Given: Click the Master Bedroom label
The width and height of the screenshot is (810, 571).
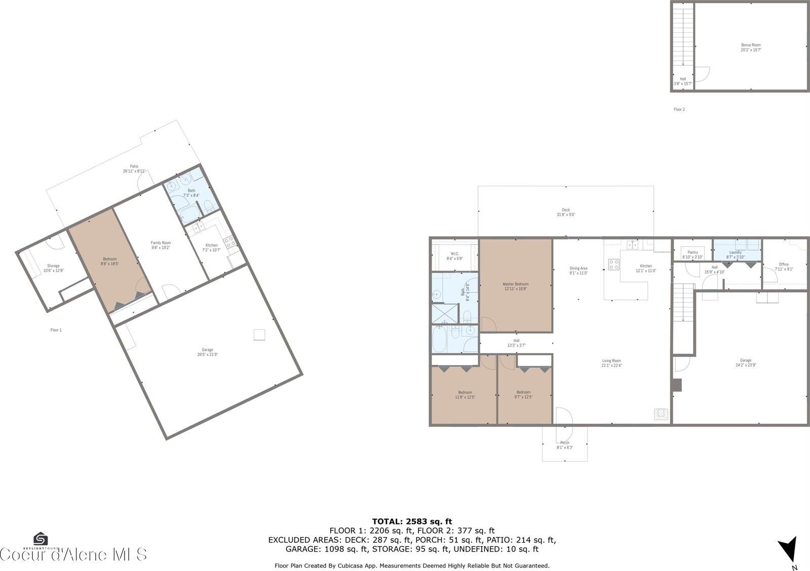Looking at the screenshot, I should [x=515, y=284].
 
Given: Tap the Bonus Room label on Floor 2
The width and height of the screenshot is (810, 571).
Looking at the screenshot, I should [x=751, y=45].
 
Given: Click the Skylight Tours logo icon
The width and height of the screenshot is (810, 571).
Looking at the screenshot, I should [x=40, y=539].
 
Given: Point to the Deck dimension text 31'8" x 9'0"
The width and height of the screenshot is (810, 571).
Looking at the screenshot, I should [x=565, y=215].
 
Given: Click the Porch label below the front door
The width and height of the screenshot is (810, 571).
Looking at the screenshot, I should [x=564, y=442].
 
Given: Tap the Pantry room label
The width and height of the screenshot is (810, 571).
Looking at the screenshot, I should [x=692, y=252].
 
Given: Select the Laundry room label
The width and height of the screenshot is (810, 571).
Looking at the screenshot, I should [x=735, y=252].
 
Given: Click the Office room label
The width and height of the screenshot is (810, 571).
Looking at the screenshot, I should [x=784, y=264].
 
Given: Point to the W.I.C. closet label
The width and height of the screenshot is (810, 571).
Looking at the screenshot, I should [x=454, y=254].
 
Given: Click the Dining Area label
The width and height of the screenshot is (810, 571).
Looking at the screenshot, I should [x=578, y=269].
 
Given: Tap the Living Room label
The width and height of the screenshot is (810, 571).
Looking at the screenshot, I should [x=611, y=361].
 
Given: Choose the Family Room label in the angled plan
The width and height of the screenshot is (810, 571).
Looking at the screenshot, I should [x=161, y=243].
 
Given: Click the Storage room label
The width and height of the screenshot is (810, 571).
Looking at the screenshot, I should [x=53, y=265].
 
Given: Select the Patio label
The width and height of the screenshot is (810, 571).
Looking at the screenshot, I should [x=134, y=166].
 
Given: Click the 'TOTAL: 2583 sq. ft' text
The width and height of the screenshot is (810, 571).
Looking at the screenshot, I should [x=412, y=521].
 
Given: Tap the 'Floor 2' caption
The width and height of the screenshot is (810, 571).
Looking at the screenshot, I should [x=679, y=109].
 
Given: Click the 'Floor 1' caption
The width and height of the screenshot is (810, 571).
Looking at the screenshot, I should [x=56, y=330].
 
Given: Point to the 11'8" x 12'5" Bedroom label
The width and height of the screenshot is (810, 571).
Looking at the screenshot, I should [x=465, y=393].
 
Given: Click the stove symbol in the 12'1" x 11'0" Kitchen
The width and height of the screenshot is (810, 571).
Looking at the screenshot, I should [x=613, y=264].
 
